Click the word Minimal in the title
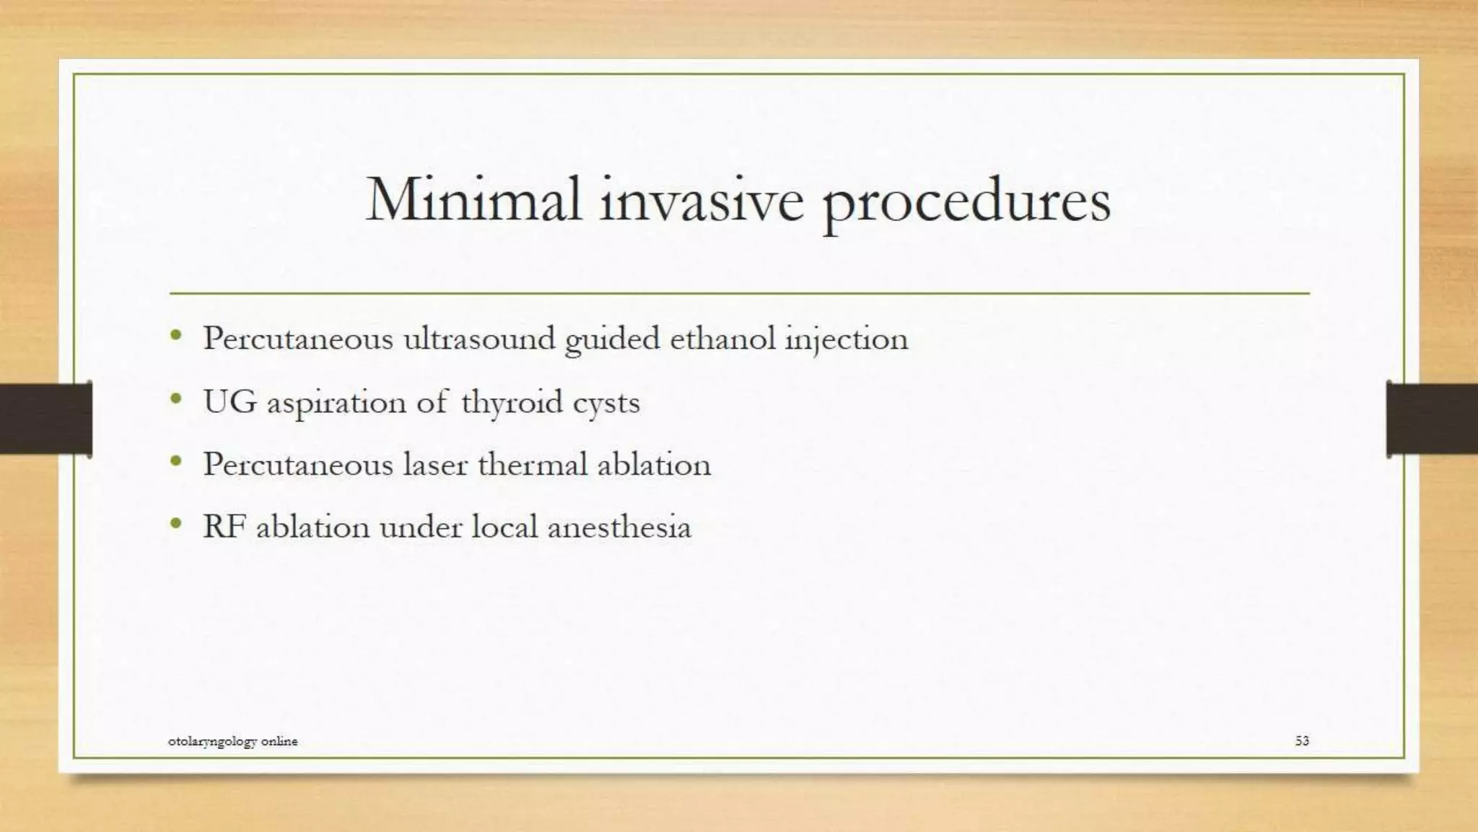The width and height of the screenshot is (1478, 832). [x=473, y=199]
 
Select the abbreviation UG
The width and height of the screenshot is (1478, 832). [x=229, y=402]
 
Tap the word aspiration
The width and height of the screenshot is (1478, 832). [x=336, y=403]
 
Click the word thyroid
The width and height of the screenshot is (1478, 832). [x=512, y=402]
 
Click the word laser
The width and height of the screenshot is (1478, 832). [x=435, y=464]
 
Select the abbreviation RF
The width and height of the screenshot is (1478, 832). [x=224, y=526]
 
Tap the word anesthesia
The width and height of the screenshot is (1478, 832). [x=619, y=526]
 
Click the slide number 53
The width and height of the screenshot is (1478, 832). [x=1301, y=740]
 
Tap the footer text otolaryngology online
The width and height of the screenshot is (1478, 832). [x=232, y=741]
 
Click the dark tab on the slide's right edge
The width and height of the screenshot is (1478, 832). [x=1431, y=419]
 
